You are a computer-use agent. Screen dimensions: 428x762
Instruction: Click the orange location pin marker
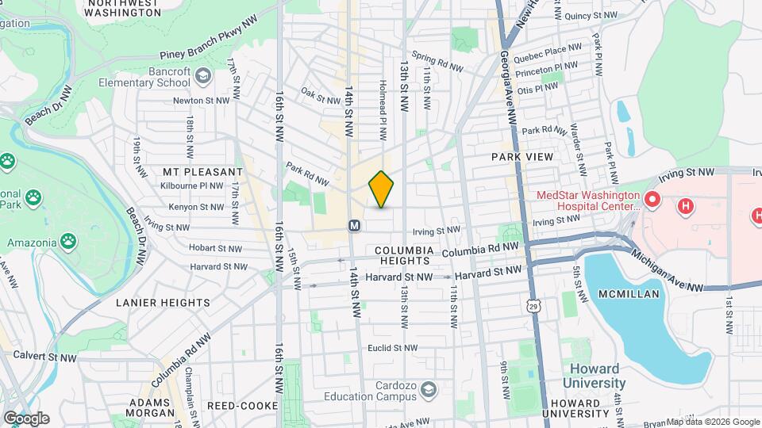[381, 189]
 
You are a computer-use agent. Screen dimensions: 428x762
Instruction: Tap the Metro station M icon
[355, 226]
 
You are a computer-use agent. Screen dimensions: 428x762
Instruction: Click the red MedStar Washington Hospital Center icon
[652, 198]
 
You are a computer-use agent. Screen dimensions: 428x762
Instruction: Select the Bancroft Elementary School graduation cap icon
[203, 75]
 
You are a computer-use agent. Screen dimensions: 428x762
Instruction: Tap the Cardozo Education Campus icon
[429, 388]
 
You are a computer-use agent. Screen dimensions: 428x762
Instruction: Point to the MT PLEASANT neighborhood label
[202, 171]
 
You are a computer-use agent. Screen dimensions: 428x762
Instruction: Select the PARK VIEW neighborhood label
[522, 157]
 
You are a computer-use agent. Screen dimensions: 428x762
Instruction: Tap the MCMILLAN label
[630, 293]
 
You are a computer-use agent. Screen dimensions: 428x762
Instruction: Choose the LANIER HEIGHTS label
[163, 302]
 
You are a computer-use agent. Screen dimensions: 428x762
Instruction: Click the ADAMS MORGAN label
[151, 407]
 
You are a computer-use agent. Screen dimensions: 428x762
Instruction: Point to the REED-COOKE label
[242, 406]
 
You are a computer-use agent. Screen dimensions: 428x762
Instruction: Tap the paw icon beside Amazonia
[70, 238]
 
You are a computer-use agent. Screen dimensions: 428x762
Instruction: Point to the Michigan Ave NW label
[668, 272]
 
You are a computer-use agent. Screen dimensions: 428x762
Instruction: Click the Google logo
[25, 418]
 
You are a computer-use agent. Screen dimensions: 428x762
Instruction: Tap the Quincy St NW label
[591, 15]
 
